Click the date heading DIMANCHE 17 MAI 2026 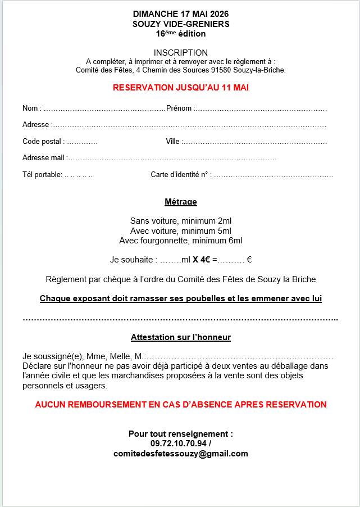(x=180, y=13)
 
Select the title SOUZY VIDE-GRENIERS (x=180, y=24)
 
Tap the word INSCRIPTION (x=180, y=53)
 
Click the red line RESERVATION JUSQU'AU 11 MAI (x=180, y=88)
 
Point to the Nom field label (x=31, y=108)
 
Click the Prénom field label (x=179, y=108)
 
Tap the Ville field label (x=172, y=142)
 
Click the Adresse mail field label (x=44, y=158)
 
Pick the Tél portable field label (x=42, y=175)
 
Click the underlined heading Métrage (x=180, y=202)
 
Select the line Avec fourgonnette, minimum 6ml (x=180, y=241)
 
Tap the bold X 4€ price (x=201, y=260)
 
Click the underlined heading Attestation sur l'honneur (x=180, y=337)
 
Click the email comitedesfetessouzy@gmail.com (x=180, y=454)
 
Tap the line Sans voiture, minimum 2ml (x=180, y=220)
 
